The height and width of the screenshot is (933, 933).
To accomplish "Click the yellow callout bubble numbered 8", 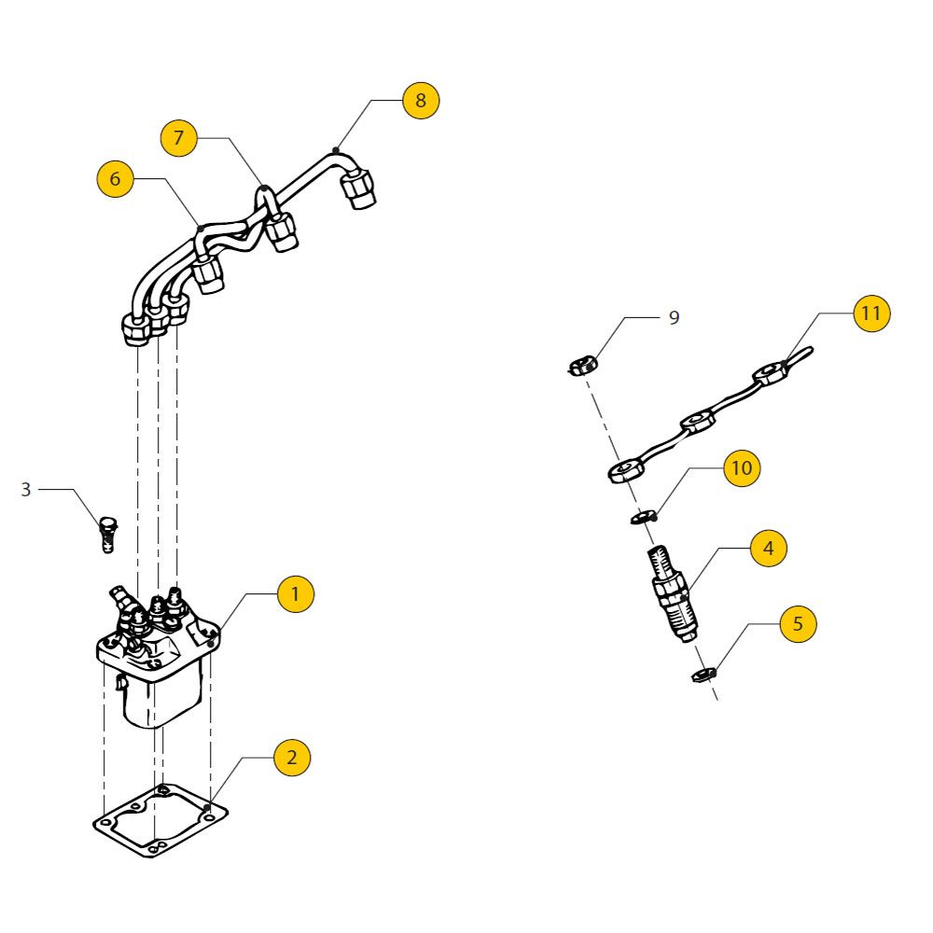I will [x=421, y=101].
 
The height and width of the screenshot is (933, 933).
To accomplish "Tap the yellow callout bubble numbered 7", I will [x=179, y=138].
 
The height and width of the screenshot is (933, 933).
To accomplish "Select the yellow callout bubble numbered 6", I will [x=115, y=179].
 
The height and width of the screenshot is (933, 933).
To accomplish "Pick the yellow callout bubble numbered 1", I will [x=296, y=593].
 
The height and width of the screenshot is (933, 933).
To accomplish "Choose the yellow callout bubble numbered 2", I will [x=292, y=758].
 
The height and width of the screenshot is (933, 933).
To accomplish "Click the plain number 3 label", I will [x=26, y=489].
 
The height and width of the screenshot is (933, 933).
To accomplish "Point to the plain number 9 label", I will [x=674, y=318].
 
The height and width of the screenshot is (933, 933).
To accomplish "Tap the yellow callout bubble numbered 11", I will [x=870, y=313].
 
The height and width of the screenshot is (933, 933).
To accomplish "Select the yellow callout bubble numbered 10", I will [x=742, y=467].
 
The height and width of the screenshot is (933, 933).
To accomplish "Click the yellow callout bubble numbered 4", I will [x=768, y=548].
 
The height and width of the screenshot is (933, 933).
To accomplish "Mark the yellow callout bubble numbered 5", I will [x=798, y=623].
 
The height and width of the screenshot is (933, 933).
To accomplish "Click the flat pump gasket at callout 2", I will [x=160, y=822].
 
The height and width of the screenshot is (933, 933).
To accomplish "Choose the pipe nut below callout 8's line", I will [x=359, y=190].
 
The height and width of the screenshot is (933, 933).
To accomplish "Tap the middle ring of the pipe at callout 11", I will [x=698, y=423].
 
